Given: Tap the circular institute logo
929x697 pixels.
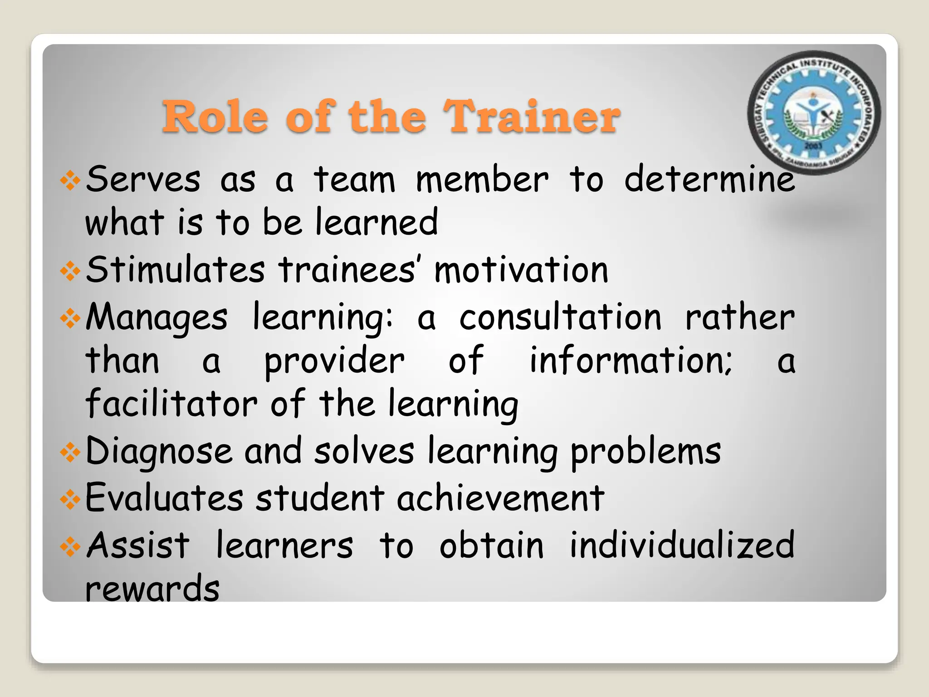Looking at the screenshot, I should (814, 113).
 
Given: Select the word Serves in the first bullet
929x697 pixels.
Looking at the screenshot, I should (143, 179).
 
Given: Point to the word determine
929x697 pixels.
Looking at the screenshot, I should (709, 179).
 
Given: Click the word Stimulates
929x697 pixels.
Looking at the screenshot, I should (175, 270).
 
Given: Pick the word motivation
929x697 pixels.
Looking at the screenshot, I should (521, 270).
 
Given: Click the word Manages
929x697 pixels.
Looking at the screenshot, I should (156, 317).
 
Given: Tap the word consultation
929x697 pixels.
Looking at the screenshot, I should (560, 317).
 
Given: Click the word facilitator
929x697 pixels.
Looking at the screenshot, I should (171, 403).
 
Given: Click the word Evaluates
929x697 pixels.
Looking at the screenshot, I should (164, 498).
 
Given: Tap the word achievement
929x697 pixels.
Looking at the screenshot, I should (501, 498).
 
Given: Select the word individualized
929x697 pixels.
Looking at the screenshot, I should (682, 545).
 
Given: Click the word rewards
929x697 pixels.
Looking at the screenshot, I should (152, 589).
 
